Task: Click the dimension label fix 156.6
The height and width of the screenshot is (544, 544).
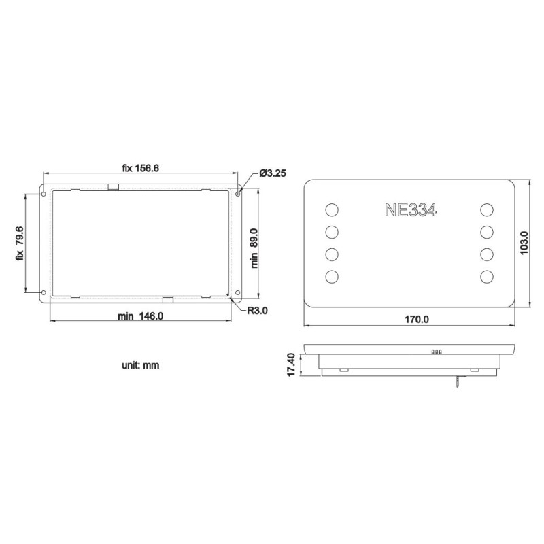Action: click(x=140, y=169)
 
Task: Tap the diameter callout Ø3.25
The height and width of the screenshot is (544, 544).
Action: click(x=272, y=173)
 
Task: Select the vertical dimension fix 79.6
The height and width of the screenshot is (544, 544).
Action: click(x=20, y=244)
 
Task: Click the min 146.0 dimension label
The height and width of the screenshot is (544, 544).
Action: click(x=140, y=316)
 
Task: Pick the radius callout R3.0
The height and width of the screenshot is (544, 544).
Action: click(x=257, y=311)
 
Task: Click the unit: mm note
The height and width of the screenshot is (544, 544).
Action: click(x=140, y=365)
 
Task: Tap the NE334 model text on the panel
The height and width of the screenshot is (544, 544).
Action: click(x=410, y=209)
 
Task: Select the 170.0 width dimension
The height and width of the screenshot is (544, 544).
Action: click(x=417, y=318)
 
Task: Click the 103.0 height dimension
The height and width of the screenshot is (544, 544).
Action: click(x=524, y=243)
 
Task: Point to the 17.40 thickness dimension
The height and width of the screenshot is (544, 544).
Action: click(x=292, y=364)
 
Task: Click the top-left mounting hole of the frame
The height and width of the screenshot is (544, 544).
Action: click(x=44, y=194)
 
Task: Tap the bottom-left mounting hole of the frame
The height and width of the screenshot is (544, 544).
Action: click(x=44, y=293)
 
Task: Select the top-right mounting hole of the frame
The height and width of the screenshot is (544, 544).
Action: click(x=237, y=194)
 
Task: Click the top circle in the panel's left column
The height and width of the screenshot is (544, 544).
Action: click(x=332, y=209)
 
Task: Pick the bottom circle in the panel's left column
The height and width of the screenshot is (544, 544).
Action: click(x=332, y=277)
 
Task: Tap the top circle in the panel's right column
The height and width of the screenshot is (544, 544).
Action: click(x=487, y=209)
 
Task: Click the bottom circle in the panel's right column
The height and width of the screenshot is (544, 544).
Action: click(x=487, y=277)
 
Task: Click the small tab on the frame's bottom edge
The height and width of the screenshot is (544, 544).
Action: click(x=168, y=299)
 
